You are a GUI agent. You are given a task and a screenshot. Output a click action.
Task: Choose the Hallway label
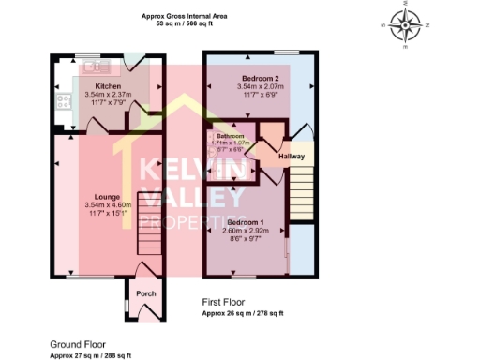coord(294,157)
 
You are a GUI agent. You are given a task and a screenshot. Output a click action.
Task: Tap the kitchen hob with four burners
coord(65,101)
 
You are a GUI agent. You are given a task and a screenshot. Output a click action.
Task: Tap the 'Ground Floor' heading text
coord(77,345)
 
